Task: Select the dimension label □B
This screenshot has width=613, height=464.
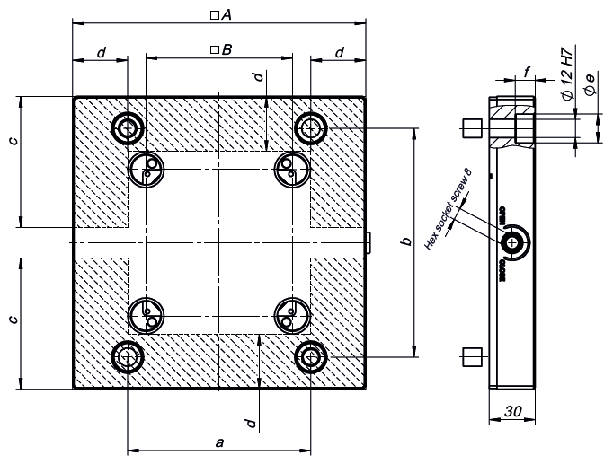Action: (220, 51)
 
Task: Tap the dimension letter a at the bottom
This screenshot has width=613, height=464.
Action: (219, 442)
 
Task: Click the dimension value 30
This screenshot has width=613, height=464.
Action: (513, 411)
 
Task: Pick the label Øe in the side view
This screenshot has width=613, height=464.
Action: (590, 87)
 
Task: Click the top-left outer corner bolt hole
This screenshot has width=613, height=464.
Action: (127, 127)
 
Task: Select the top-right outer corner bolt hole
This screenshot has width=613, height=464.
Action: (311, 127)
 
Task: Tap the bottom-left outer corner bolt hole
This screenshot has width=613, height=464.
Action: (127, 356)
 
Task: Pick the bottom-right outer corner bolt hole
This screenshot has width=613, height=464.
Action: (311, 356)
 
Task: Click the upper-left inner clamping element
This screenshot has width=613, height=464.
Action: (146, 168)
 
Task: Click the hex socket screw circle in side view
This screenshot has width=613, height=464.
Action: (514, 241)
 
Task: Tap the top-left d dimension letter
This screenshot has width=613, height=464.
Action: (100, 53)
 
